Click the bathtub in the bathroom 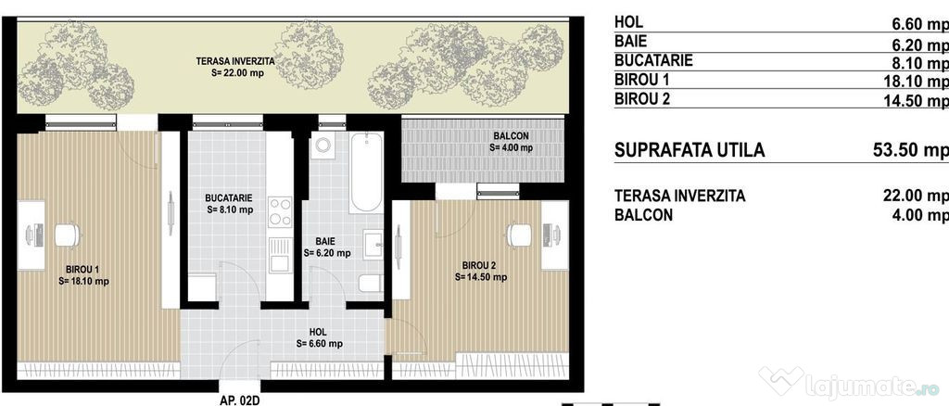[x=366, y=172]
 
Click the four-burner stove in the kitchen [x=280, y=211]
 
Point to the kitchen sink [x=280, y=254]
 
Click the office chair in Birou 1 [x=67, y=235]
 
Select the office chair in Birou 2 [x=519, y=235]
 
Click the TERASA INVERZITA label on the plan [x=235, y=61]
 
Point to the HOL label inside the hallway [x=318, y=332]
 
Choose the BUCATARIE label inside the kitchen [x=229, y=197]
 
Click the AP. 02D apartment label [x=241, y=400]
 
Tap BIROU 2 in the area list [x=642, y=98]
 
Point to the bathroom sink [x=373, y=245]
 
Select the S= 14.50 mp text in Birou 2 [x=481, y=277]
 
